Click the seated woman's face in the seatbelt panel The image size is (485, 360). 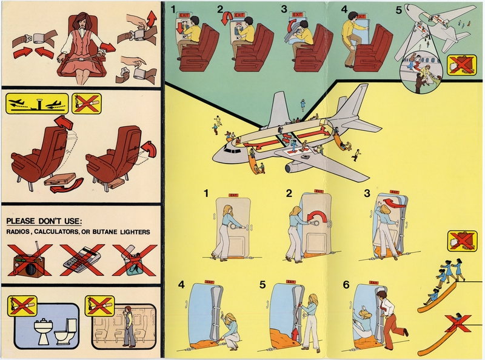click(80, 21)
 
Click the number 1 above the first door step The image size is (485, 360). click(207, 194)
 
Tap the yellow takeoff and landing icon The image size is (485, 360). click(35, 104)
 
